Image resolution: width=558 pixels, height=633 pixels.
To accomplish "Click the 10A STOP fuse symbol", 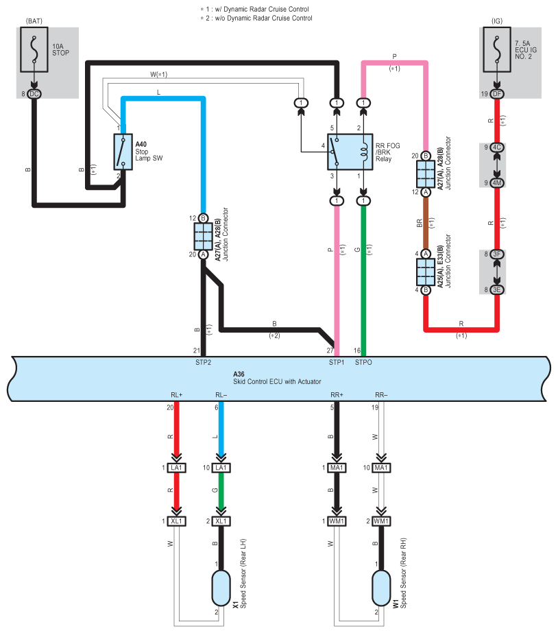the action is pos(34,49).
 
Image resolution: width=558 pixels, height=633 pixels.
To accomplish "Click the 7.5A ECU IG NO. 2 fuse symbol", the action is pos(497,49).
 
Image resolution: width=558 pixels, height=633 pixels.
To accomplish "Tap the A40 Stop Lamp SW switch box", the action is pos(123,152).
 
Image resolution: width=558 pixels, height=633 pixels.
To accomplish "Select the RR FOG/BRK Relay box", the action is pos(350,152).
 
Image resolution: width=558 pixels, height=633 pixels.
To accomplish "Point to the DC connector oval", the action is pos(34,94).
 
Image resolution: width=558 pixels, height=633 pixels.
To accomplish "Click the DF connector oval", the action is pos(497,94).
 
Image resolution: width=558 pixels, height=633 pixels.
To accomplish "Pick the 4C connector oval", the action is pos(497,147).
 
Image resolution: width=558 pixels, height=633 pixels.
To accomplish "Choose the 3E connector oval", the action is pos(497,290).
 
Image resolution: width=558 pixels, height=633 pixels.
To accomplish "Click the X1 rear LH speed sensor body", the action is pos(221,588).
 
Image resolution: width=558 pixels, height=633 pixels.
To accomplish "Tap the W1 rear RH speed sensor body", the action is pos(381,588).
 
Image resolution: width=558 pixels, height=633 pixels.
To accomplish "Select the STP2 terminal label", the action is pos(204,363).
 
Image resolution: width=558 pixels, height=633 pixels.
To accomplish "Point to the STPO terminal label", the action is pos(363,363).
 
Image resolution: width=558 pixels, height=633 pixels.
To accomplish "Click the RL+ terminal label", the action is pos(177,395).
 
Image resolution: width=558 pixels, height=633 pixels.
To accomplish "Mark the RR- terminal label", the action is pos(381,395).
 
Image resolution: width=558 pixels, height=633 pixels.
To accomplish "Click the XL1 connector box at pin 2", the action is pos(221,521).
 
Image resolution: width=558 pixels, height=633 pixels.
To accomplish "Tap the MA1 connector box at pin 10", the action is pos(381,468).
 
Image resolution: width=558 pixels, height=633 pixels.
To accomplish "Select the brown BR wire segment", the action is pos(426,224).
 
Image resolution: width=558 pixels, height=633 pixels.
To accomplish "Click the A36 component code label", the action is pos(239,374).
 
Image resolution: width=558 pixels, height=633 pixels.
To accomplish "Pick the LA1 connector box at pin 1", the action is pos(177,468).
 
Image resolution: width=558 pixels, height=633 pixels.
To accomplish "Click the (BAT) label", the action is pos(34,21).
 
